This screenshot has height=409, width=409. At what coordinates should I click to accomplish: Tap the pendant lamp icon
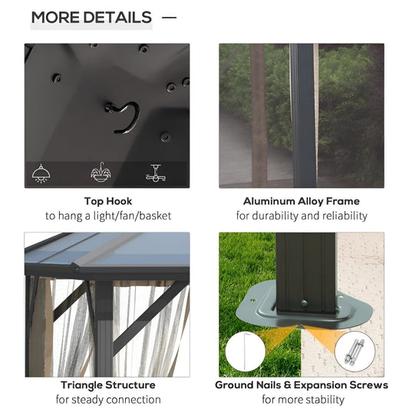pyautogui.click(x=41, y=173)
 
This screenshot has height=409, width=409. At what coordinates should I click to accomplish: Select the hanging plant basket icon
pyautogui.click(x=101, y=173)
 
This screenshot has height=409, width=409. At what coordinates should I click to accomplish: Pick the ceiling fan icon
pyautogui.click(x=156, y=173)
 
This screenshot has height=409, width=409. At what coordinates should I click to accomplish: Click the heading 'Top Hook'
pyautogui.click(x=108, y=201)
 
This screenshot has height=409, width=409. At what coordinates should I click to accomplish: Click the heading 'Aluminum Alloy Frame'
pyautogui.click(x=302, y=201)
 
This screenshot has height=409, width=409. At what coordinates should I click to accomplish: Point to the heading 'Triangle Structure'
pyautogui.click(x=108, y=385)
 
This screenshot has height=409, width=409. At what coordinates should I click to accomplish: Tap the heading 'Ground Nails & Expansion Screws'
pyautogui.click(x=302, y=385)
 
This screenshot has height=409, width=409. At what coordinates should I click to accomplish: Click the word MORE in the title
pyautogui.click(x=55, y=18)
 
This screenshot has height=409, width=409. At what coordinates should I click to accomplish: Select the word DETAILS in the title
pyautogui.click(x=117, y=18)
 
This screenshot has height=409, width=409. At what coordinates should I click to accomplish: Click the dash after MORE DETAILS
pyautogui.click(x=169, y=18)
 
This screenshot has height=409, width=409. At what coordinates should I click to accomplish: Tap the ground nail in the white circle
pyautogui.click(x=246, y=351)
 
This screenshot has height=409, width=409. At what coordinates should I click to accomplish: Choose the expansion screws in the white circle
pyautogui.click(x=355, y=351)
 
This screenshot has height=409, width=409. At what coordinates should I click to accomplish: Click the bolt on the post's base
pyautogui.click(x=304, y=303)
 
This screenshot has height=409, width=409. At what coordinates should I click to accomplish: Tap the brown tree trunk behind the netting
pyautogui.click(x=259, y=116)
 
